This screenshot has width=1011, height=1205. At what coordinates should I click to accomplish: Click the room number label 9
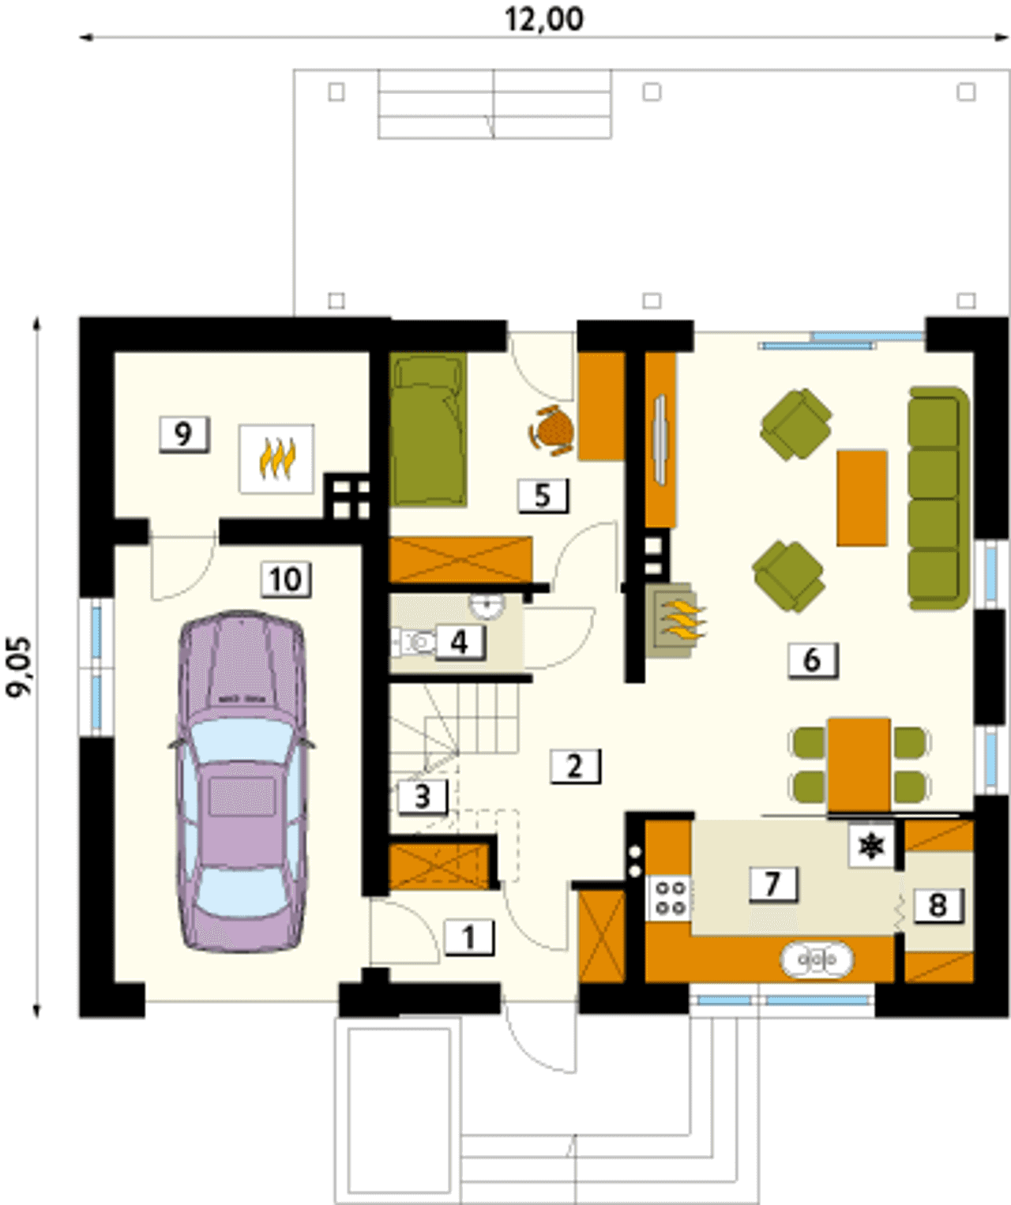(x=183, y=434)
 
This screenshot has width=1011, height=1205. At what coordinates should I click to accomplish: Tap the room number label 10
(x=286, y=580)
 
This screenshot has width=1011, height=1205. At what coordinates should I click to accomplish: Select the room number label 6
(x=813, y=659)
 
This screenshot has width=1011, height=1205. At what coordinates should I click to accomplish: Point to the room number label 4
(x=460, y=642)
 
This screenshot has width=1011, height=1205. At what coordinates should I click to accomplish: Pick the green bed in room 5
(x=429, y=430)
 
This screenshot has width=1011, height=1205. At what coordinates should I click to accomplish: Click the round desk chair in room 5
(x=552, y=429)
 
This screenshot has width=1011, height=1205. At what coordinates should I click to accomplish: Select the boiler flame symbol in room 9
(x=276, y=459)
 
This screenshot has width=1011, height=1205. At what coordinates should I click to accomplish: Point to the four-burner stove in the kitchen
(x=671, y=898)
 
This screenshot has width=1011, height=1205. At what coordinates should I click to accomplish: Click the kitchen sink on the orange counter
(x=817, y=960)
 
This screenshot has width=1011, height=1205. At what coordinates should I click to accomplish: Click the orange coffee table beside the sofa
(x=862, y=498)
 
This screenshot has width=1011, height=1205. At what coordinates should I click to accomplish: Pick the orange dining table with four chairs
(x=859, y=764)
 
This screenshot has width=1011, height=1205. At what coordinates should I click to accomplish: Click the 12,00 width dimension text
(x=544, y=19)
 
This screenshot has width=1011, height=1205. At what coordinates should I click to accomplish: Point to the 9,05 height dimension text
(x=20, y=668)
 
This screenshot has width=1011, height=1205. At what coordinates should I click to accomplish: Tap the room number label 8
(x=938, y=904)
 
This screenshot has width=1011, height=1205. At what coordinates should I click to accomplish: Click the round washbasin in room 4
(x=487, y=604)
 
